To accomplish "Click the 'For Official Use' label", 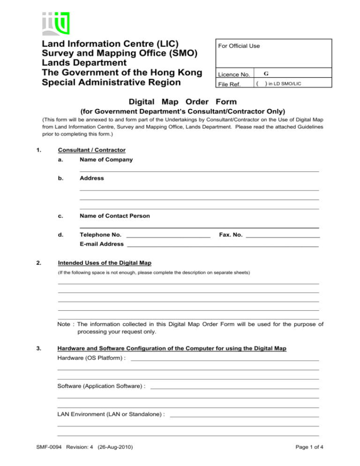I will (239, 46).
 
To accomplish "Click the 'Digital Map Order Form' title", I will (180, 102).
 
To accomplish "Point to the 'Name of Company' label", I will (106, 159).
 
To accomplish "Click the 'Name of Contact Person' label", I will (115, 216).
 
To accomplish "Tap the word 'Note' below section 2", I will (65, 324).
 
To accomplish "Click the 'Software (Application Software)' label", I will (101, 386).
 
